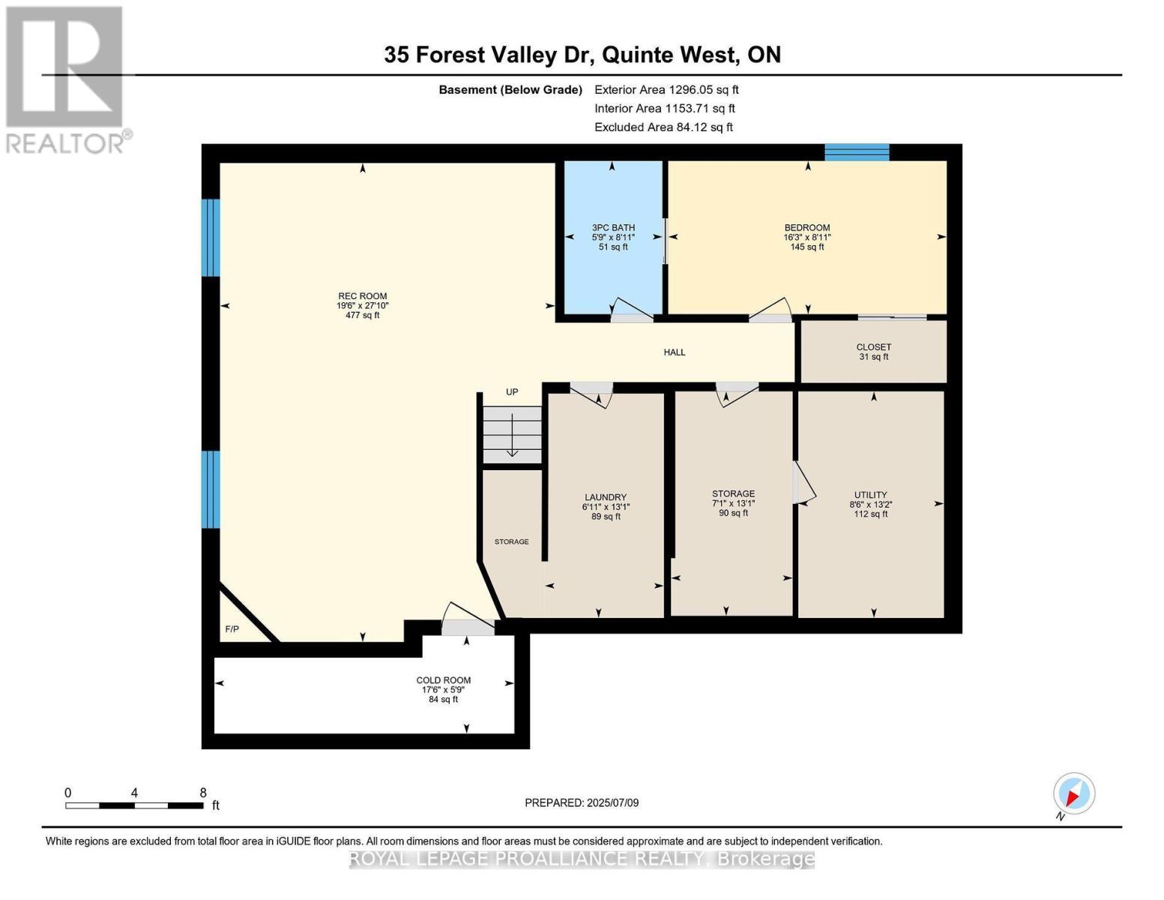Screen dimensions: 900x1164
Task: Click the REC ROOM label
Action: click(362, 297)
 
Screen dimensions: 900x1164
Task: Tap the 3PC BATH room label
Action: click(613, 228)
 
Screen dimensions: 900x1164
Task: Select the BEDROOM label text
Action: click(807, 228)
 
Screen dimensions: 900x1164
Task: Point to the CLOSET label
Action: click(874, 347)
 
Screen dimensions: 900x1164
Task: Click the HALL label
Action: click(675, 352)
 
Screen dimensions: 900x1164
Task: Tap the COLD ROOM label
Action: click(444, 681)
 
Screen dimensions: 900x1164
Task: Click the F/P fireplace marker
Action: click(232, 629)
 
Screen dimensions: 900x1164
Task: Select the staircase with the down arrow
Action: click(512, 435)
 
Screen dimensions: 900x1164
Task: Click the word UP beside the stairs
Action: click(512, 392)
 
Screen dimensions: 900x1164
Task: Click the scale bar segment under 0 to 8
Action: click(134, 805)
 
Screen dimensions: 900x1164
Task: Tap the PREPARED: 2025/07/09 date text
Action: click(582, 803)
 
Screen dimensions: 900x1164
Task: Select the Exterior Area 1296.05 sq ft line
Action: click(666, 90)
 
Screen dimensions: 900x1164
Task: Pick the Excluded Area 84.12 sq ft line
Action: click(663, 127)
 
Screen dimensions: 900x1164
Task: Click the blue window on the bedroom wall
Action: click(857, 152)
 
